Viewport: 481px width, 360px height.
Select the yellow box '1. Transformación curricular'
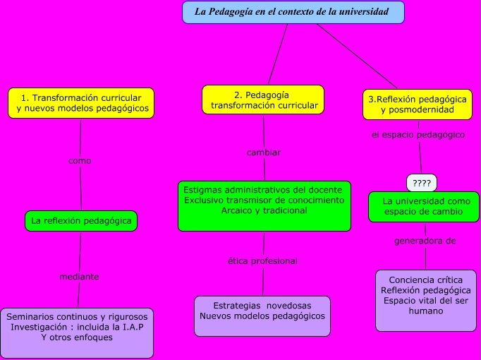tap(81, 103)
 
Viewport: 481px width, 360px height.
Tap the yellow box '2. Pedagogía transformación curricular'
tap(262, 100)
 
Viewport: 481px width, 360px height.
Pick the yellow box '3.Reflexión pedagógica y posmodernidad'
tap(417, 104)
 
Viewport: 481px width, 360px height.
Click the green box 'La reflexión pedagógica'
tap(81, 221)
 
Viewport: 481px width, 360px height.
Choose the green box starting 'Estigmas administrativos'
tap(264, 205)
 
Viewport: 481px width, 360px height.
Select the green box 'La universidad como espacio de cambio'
tap(424, 207)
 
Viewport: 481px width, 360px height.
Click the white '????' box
tap(422, 184)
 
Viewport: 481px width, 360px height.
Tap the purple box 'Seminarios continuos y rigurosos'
tap(77, 332)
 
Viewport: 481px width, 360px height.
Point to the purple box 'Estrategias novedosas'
tap(262, 311)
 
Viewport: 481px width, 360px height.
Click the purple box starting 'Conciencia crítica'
tap(425, 300)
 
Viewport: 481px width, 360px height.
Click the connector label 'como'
tap(80, 161)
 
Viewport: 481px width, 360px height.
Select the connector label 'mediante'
tap(79, 277)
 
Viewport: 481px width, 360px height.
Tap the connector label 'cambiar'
tap(264, 152)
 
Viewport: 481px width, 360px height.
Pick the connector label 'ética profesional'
tap(262, 261)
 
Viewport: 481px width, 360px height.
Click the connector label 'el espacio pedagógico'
tap(418, 134)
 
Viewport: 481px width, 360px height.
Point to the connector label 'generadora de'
tap(425, 241)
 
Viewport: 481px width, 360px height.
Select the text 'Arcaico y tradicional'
tap(264, 210)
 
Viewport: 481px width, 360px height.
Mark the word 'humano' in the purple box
tap(425, 311)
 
